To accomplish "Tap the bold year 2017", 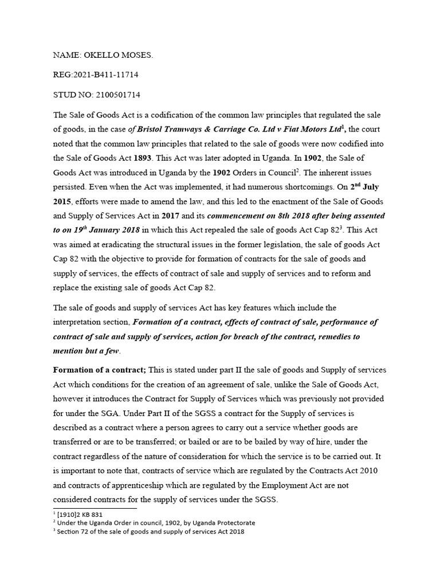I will (172, 216).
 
